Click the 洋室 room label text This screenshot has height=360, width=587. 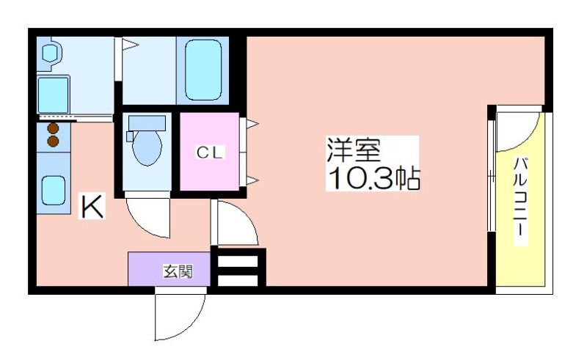coord(354,150)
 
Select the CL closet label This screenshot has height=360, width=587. coord(210,153)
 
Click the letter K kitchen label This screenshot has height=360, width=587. coord(92,206)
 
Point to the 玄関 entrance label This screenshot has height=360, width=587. coord(178,272)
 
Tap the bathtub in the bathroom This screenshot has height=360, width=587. coord(203,70)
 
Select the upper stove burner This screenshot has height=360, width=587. coord(53,129)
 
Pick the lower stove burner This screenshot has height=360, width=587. coord(53,141)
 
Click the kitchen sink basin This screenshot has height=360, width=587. coord(54,191)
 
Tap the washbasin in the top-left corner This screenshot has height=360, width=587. coord(49,53)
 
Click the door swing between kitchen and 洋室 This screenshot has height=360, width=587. coord(247,217)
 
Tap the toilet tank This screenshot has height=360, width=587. coord(147,123)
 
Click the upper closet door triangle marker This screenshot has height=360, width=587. coord(252,123)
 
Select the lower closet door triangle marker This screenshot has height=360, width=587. coord(252,181)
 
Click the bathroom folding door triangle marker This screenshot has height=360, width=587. coord(130,45)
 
